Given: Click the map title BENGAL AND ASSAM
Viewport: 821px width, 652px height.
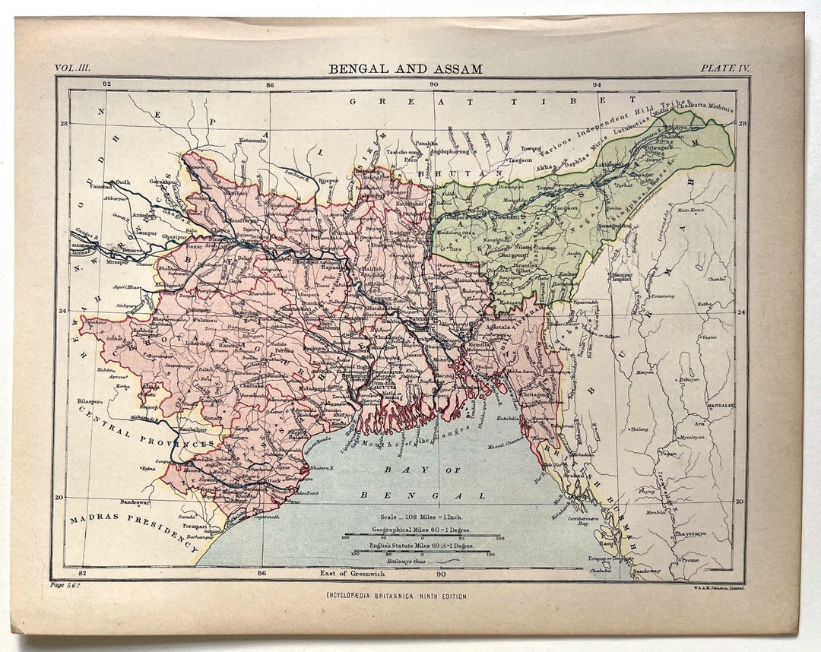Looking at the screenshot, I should coord(405,68).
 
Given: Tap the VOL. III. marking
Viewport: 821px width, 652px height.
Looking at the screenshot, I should coord(73,68).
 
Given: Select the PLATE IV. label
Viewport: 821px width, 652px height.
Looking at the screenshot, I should coord(725,68).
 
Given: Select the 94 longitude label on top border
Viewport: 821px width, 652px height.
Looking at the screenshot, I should coord(598,84).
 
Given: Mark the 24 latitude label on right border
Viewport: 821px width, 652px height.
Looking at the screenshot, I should coord(742,311).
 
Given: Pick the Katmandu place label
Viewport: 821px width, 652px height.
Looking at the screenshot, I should coord(253,141).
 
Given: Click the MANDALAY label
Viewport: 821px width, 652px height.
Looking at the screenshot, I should coord(721,406).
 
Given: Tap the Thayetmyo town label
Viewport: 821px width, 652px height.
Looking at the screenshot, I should coord(689,533).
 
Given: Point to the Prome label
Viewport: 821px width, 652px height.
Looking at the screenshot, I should coord(689,560).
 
